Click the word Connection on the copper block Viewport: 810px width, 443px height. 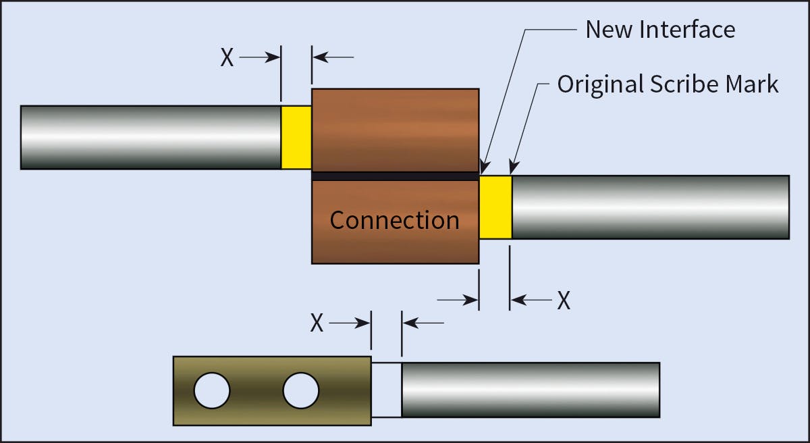click(394, 220)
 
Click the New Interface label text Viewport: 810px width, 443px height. click(659, 29)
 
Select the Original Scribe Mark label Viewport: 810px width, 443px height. click(668, 84)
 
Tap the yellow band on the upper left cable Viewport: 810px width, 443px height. click(296, 137)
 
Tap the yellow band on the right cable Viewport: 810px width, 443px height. click(495, 207)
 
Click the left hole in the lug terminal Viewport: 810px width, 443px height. click(212, 390)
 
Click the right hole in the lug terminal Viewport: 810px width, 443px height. click(301, 390)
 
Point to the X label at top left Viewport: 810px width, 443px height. click(227, 58)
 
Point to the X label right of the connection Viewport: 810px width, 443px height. click(564, 301)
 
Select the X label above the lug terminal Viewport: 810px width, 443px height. click(317, 323)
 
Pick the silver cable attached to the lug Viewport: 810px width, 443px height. click(530, 390)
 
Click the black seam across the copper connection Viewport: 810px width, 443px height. click(395, 176)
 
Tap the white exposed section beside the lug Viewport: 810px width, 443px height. click(386, 390)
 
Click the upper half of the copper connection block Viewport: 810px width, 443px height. click(395, 130)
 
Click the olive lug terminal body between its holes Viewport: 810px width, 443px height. click(256, 390)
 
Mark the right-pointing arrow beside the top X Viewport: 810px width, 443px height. click(261, 58)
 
